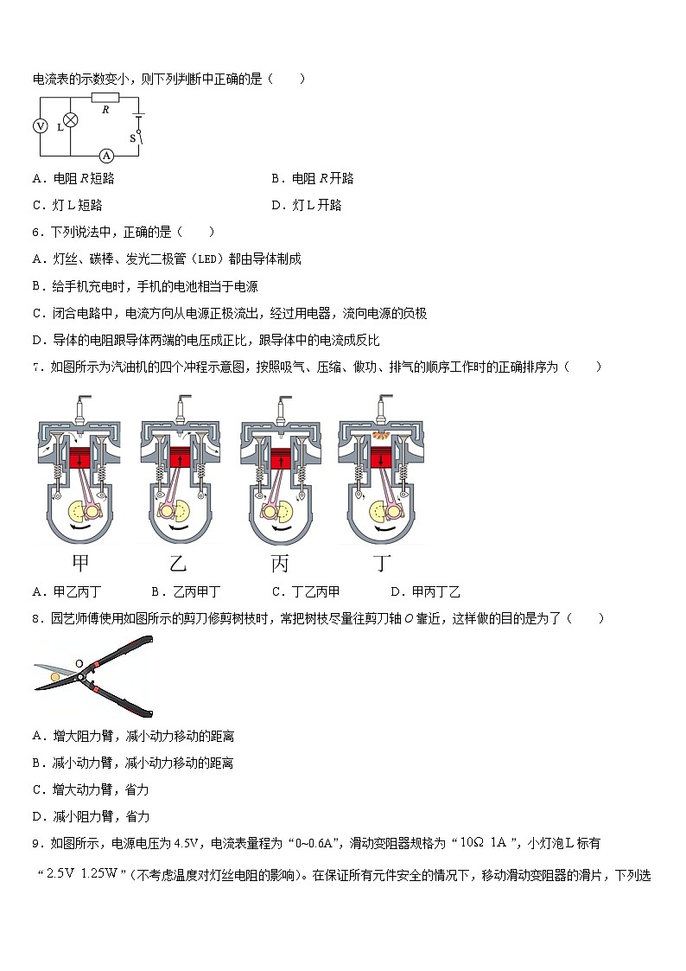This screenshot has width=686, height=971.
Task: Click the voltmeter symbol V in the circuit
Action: (40, 126)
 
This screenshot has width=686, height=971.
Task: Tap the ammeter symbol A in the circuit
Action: (106, 156)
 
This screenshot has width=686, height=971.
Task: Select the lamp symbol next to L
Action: (73, 120)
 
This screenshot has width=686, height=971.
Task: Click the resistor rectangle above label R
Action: (105, 97)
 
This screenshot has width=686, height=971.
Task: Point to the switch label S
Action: (132, 137)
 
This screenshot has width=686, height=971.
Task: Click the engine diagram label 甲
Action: (80, 564)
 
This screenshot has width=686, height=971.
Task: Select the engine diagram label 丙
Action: (280, 564)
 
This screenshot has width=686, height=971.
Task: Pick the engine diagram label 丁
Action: (382, 564)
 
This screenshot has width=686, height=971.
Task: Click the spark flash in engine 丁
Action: (381, 431)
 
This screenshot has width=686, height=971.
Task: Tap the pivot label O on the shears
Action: (79, 664)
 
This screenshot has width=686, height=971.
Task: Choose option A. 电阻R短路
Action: (73, 178)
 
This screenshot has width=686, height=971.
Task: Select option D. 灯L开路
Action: (306, 205)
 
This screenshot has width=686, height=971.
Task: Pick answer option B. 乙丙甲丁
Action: (185, 591)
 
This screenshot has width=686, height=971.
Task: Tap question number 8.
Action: (37, 618)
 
